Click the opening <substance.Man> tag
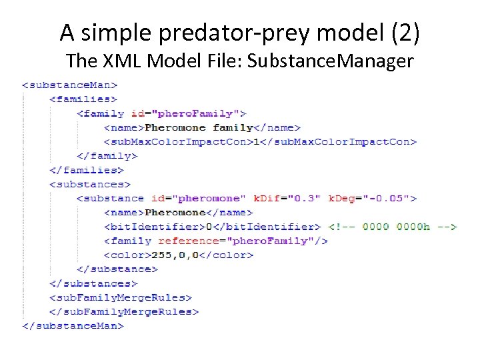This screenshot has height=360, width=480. [70, 85]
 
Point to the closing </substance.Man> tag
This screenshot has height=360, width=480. [73, 325]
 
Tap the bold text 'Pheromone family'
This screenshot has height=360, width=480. [199, 127]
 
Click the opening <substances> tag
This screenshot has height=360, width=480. [90, 184]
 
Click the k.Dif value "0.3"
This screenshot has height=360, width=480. [305, 198]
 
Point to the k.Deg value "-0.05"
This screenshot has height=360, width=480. [389, 198]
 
